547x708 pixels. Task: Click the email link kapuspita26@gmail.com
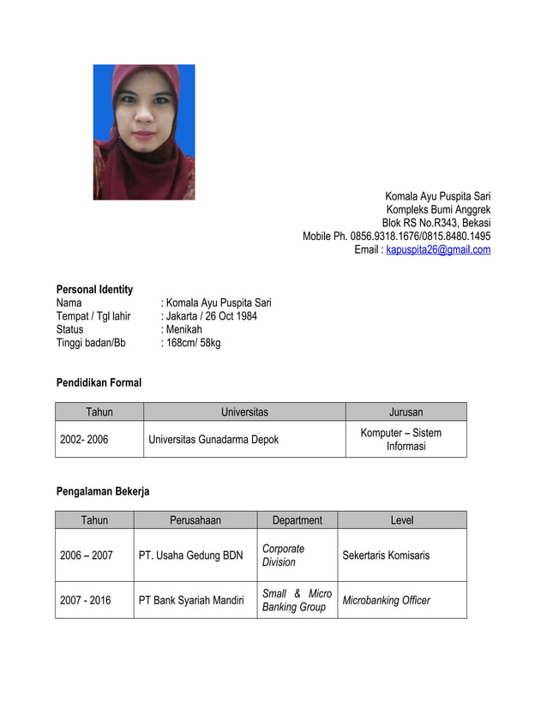438,250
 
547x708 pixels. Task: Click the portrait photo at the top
144,132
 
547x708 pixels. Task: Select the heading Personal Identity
94,290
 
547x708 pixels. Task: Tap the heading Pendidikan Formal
99,382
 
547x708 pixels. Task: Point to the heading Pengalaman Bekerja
103,491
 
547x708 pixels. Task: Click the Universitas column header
244,412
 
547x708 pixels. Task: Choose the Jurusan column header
406,412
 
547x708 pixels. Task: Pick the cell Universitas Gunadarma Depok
213,440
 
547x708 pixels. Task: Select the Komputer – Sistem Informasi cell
401,440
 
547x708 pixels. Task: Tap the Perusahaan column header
195,520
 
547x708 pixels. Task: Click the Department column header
297,520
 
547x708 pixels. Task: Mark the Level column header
401,520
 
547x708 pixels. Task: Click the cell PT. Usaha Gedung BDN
190,555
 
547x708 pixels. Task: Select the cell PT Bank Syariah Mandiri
191,600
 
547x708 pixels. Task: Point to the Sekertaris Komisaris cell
386,555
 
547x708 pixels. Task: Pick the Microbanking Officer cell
386,600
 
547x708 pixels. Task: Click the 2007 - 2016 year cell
86,600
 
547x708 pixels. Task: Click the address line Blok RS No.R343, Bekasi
436,223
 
